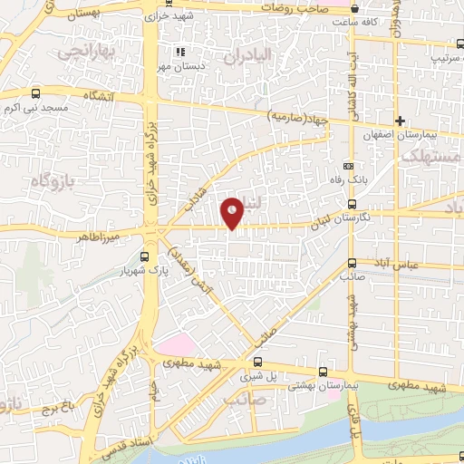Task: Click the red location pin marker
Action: [233, 213]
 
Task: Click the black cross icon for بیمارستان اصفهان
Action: [400, 121]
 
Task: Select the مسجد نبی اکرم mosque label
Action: [35, 106]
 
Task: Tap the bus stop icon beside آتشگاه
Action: [35, 92]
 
